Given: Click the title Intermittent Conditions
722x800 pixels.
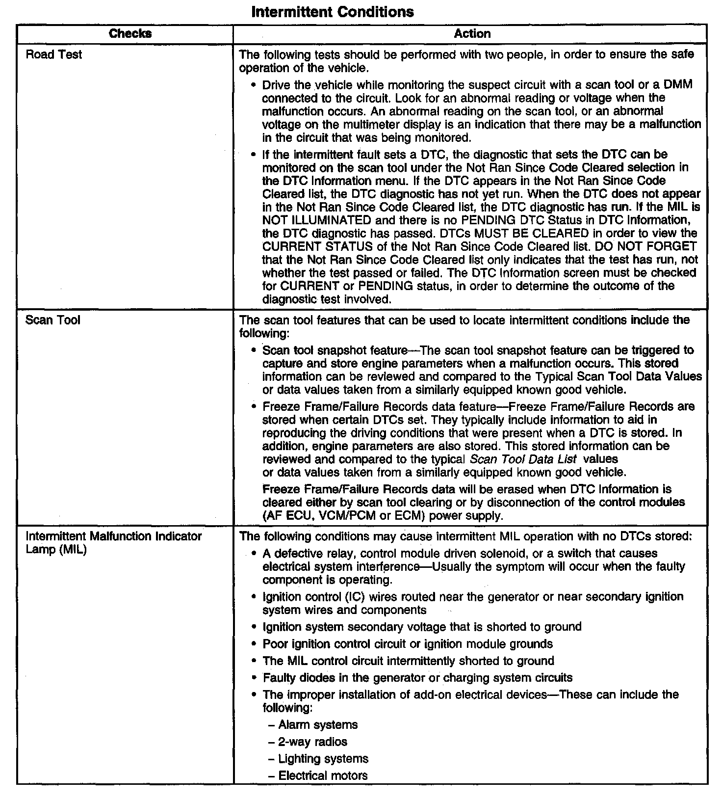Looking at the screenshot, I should (332, 12).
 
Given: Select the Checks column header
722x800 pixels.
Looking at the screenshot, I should (130, 33).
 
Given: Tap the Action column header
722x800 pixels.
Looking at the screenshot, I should (472, 33).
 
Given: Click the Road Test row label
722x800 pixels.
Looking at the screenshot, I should (53, 54).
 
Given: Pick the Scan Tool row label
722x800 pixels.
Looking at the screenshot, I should (52, 320).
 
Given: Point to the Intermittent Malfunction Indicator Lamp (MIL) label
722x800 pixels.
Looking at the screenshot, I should (113, 543).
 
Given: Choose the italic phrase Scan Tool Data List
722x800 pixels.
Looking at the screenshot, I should (523, 459).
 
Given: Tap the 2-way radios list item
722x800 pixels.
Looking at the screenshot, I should (312, 742).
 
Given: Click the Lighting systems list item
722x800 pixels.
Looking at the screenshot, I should (323, 759).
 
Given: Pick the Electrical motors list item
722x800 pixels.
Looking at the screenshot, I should (323, 776).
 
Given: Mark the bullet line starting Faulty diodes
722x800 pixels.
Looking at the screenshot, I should (417, 678).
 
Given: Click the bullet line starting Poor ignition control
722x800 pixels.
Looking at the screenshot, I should (408, 644).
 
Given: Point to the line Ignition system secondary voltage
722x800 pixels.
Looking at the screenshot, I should (422, 627).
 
